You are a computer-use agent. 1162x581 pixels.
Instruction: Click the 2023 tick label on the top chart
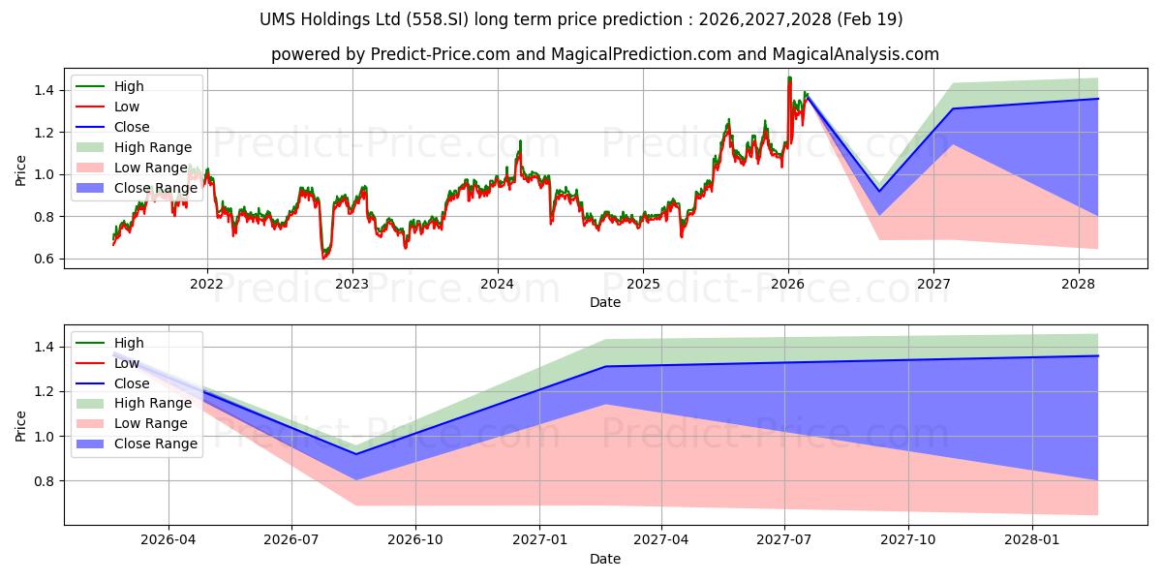click(352, 285)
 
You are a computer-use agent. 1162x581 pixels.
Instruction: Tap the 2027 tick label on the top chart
click(933, 285)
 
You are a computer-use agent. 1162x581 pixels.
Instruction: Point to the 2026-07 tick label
click(291, 540)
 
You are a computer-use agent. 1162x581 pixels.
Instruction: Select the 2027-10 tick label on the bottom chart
click(908, 540)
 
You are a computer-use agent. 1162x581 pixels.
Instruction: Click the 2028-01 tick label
click(1032, 540)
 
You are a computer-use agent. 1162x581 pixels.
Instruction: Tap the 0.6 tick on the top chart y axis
click(45, 259)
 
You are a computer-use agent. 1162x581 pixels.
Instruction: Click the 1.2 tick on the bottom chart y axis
click(45, 391)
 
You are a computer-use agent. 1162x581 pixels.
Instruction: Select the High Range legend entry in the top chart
click(134, 147)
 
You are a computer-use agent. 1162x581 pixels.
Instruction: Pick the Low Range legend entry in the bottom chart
click(132, 423)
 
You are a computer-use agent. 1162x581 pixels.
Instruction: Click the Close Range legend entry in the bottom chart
click(137, 443)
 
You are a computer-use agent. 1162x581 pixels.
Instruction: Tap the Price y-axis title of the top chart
click(20, 170)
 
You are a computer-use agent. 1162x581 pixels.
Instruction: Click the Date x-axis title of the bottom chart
click(605, 559)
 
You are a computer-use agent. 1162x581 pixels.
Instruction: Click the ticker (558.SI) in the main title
click(438, 19)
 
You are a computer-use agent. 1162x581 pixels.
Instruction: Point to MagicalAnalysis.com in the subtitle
click(855, 54)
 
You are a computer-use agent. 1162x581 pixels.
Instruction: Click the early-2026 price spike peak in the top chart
click(789, 77)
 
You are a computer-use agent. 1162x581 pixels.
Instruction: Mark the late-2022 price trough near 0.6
click(323, 258)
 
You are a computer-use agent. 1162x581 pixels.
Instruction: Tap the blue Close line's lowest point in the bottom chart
click(356, 454)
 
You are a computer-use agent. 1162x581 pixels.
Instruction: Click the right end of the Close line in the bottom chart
click(1098, 356)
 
